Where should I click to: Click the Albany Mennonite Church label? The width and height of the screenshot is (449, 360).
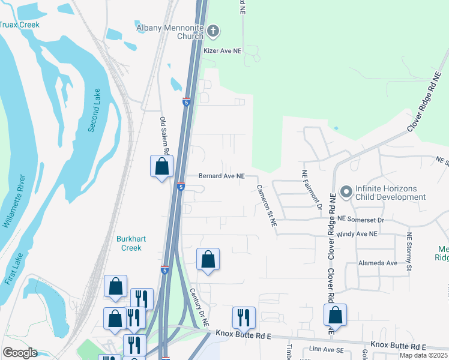click(170, 32)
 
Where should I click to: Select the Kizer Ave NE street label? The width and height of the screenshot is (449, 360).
click(222, 52)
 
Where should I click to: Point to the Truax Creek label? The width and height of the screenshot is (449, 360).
click(19, 25)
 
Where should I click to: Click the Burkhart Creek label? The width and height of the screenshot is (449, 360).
click(128, 243)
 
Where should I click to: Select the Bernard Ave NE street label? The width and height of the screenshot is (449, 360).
click(222, 176)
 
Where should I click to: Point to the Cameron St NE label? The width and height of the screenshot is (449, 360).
click(266, 205)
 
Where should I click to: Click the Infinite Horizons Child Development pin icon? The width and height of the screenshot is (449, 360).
click(346, 193)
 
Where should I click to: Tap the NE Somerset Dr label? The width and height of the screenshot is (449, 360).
click(361, 220)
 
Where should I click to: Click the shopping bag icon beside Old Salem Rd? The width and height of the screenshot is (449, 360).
click(161, 166)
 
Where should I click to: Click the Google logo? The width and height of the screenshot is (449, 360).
click(20, 352)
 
